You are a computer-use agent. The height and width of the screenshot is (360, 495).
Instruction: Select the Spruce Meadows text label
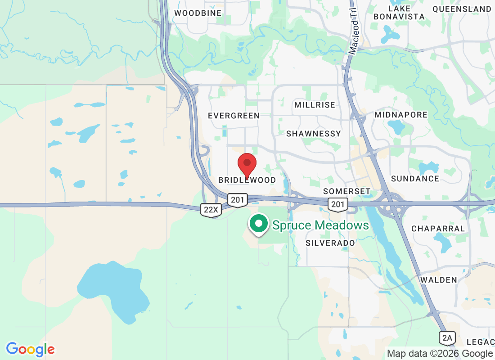[x=320, y=225]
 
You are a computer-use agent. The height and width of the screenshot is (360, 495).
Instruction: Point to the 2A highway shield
[x=448, y=337]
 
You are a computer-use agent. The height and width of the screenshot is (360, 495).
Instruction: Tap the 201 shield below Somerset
[x=337, y=204]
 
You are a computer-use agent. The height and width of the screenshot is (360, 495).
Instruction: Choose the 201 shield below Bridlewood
[x=237, y=199]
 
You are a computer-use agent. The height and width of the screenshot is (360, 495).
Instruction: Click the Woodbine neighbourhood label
[x=198, y=13]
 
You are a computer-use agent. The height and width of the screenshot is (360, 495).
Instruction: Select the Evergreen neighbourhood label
[x=234, y=116]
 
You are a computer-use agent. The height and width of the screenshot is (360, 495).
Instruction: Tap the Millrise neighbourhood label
[x=315, y=105]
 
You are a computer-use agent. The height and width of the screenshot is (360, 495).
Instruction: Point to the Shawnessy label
[x=314, y=134]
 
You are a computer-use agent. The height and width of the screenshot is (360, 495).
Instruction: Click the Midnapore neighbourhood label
[x=401, y=115]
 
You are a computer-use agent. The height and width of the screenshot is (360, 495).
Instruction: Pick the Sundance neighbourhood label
[x=415, y=179]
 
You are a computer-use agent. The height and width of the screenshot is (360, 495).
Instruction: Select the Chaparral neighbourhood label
[x=438, y=228]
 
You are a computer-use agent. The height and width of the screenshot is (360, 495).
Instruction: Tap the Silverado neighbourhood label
[x=330, y=243]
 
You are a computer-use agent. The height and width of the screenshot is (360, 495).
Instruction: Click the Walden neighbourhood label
[x=439, y=280]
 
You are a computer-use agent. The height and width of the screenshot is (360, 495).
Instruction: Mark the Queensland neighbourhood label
[x=462, y=9]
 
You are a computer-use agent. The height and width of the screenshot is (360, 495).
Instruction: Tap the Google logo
[x=31, y=349]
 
